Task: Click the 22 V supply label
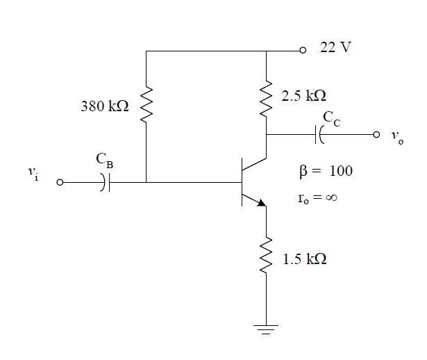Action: pyautogui.click(x=336, y=50)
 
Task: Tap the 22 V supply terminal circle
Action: pyautogui.click(x=302, y=51)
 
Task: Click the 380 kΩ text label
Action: pyautogui.click(x=105, y=108)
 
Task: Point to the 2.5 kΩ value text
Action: pyautogui.click(x=303, y=96)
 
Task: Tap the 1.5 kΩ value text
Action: pyautogui.click(x=304, y=259)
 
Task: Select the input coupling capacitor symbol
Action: pyautogui.click(x=104, y=183)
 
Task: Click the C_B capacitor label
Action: pyautogui.click(x=103, y=161)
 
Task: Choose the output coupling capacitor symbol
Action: pyautogui.click(x=320, y=134)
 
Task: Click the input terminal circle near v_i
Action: pyautogui.click(x=60, y=183)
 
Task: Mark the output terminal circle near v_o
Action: pyautogui.click(x=377, y=134)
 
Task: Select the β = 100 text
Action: pyautogui.click(x=324, y=171)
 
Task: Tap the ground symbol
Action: pyautogui.click(x=266, y=329)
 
